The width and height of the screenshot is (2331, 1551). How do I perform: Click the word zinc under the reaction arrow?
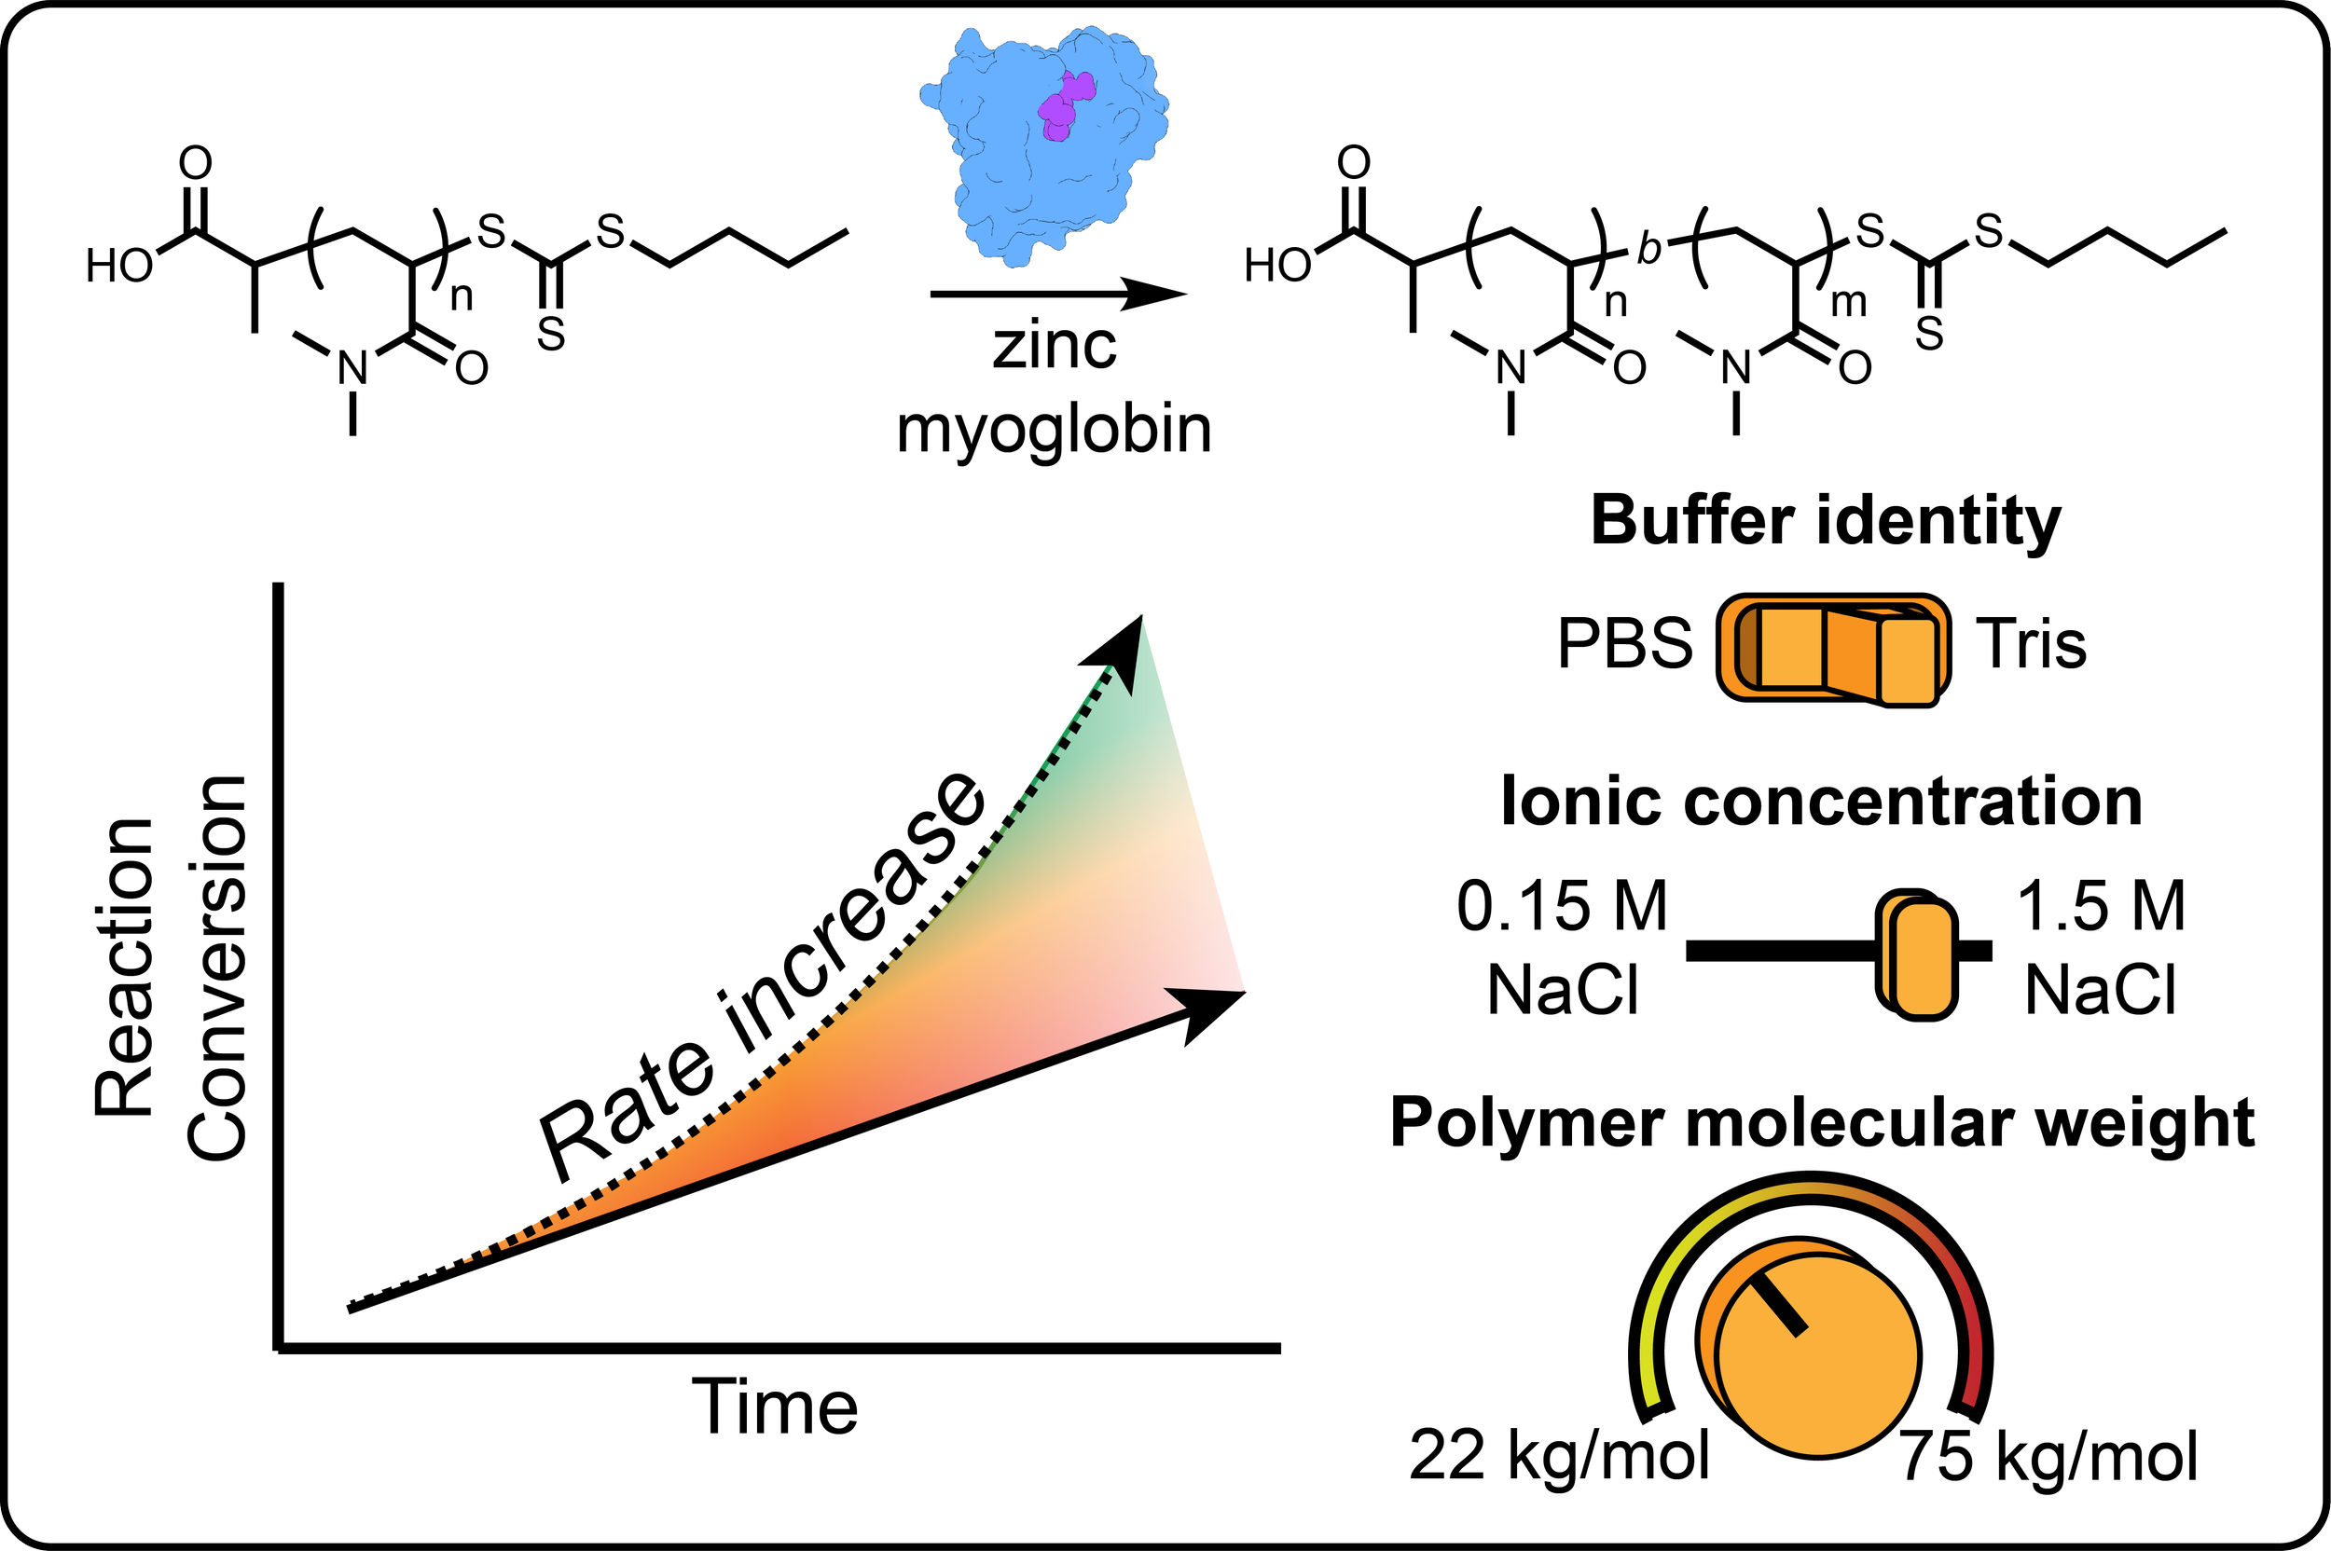(x=1055, y=346)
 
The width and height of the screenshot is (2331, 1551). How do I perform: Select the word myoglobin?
(x=1054, y=430)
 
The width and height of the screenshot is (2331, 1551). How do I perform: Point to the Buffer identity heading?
(x=1826, y=521)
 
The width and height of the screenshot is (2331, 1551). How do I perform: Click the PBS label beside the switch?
(x=1624, y=645)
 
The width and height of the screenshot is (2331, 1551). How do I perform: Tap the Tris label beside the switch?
(x=2031, y=645)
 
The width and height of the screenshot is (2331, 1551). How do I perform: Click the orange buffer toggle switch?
(x=1833, y=649)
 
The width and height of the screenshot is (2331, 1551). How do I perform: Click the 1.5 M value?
(x=2101, y=906)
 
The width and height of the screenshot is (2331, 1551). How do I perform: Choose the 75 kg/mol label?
(x=2049, y=1456)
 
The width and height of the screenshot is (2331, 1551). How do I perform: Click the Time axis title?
(x=775, y=1407)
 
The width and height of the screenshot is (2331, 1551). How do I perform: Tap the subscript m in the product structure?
(x=1848, y=303)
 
